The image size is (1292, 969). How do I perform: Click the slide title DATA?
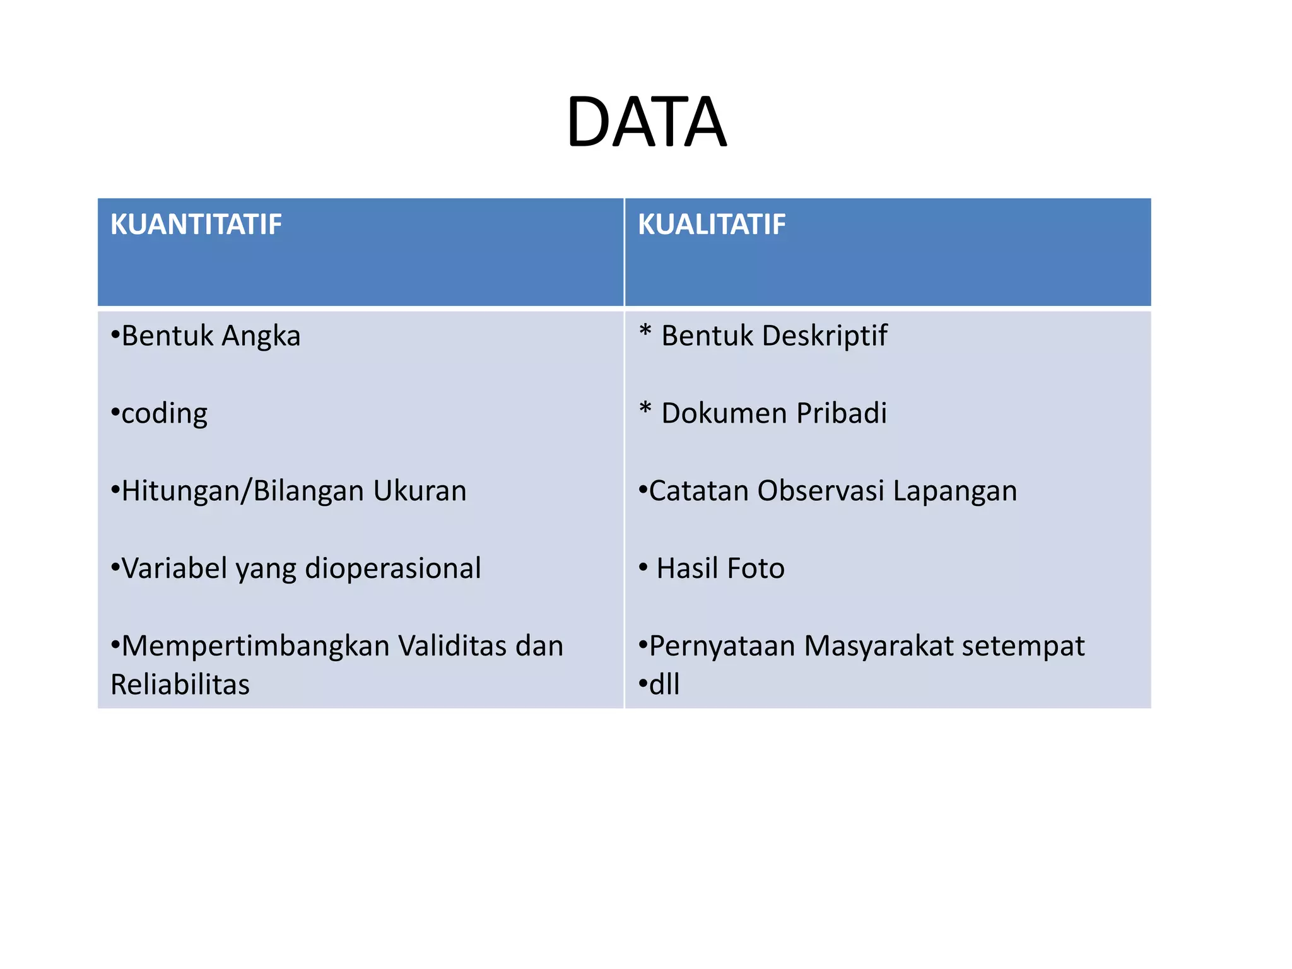[x=646, y=122]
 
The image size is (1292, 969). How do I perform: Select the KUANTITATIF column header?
[x=196, y=225]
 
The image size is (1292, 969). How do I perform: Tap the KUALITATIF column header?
[x=712, y=225]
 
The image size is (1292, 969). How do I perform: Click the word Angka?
[x=261, y=336]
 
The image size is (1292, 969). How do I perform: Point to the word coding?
[x=164, y=414]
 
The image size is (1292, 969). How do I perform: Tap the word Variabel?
[x=174, y=569]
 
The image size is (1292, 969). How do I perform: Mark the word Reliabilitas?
[x=180, y=685]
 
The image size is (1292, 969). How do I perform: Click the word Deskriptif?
[x=825, y=336]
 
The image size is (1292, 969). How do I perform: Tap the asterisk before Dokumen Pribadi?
[x=645, y=409]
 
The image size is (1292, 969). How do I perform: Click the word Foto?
[x=756, y=569]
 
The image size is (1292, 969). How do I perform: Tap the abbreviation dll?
[x=664, y=685]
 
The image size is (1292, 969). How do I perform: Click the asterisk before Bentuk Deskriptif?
[x=645, y=331]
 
